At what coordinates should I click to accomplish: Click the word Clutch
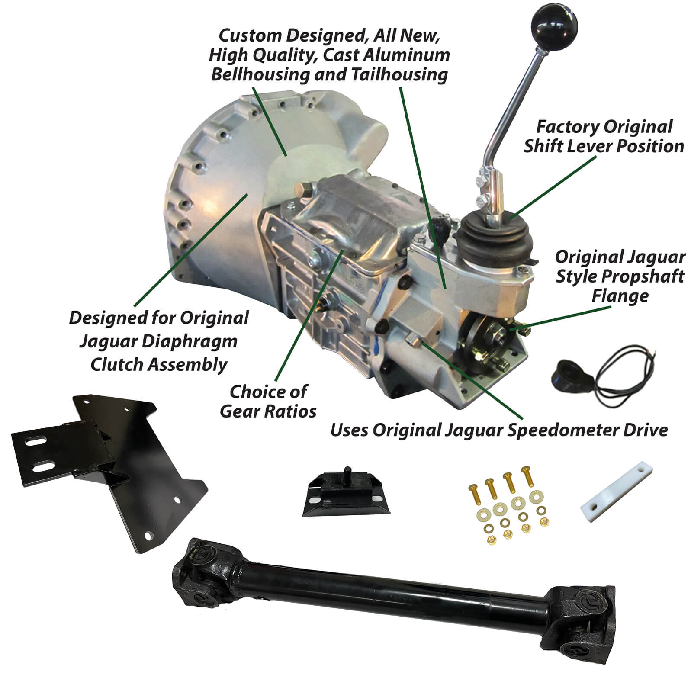tap(116, 365)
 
